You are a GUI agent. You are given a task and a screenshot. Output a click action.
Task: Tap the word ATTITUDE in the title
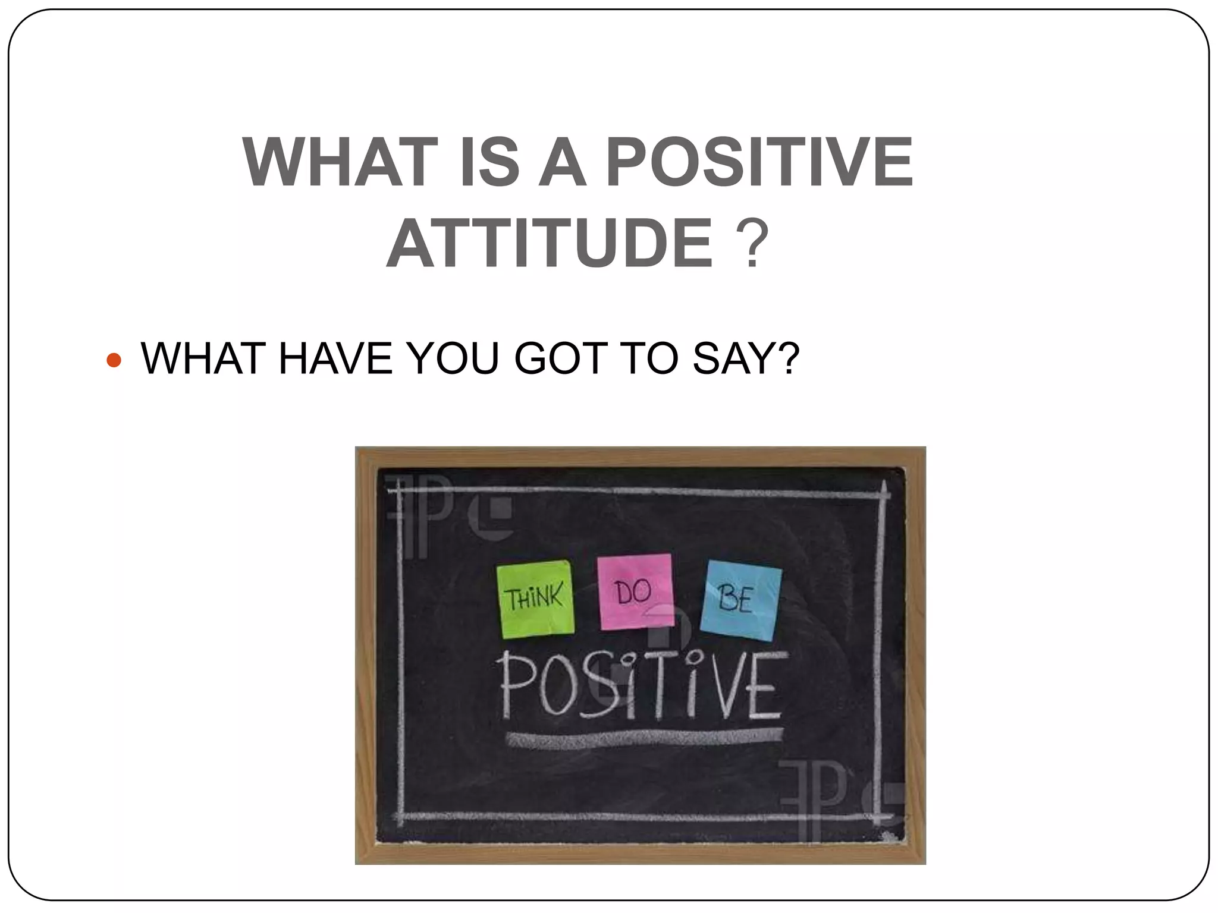(550, 244)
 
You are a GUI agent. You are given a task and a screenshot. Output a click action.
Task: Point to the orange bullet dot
(113, 360)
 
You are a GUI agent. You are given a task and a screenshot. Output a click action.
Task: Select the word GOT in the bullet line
(560, 359)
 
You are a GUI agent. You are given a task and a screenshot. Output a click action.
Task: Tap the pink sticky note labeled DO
(635, 592)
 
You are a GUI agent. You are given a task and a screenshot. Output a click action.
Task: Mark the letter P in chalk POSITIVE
(515, 687)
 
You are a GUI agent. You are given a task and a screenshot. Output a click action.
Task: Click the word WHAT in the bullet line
(204, 359)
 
